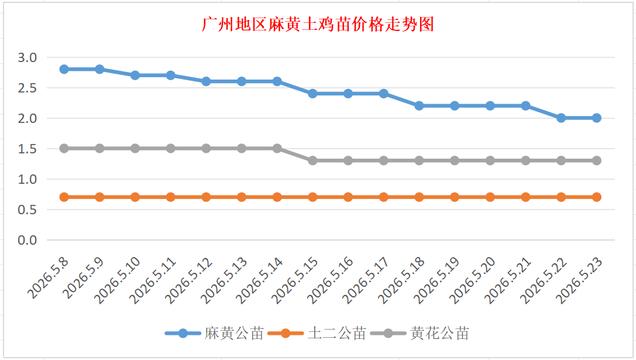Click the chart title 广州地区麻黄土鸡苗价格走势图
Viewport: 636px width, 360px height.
(x=318, y=25)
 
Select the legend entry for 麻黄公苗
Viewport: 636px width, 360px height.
(x=215, y=333)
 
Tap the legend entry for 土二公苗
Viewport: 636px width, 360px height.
(x=317, y=333)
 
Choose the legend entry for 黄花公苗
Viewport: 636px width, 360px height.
(x=420, y=333)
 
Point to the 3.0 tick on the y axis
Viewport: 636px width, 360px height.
(x=27, y=57)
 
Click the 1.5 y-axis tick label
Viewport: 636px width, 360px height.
(x=27, y=149)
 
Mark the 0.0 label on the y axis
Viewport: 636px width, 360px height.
(x=27, y=240)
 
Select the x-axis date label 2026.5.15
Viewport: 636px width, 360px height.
(x=294, y=280)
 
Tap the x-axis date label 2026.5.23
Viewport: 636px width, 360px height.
(x=579, y=280)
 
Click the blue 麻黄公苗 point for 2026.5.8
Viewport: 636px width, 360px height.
(x=64, y=70)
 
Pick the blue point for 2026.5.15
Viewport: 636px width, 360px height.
(x=312, y=94)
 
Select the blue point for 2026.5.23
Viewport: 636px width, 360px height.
(x=597, y=118)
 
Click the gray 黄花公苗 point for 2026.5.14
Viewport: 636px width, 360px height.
(x=277, y=149)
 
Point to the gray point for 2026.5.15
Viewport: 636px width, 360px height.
(x=312, y=161)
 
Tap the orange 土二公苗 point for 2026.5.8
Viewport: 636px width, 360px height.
(x=64, y=197)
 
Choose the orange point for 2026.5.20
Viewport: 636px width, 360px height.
(x=490, y=197)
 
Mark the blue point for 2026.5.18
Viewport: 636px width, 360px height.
(x=419, y=106)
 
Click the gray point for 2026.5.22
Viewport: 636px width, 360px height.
(x=561, y=161)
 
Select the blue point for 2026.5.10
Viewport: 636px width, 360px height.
(x=135, y=76)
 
